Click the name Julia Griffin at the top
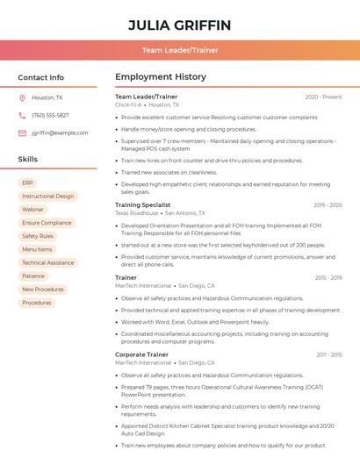tap(179, 25)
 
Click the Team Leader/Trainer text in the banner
tap(179, 51)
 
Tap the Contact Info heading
tap(41, 77)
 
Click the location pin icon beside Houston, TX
tap(22, 97)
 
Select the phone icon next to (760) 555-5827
tap(22, 115)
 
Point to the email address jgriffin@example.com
tap(60, 132)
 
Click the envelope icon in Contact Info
tap(22, 132)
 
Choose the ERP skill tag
tap(27, 182)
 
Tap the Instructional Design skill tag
tap(47, 196)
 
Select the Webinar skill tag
tap(32, 210)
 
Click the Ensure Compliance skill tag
tap(47, 223)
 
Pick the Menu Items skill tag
tap(37, 249)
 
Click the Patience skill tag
tap(33, 276)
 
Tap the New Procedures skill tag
tap(42, 290)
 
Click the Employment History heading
tap(161, 77)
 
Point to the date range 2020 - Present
tap(323, 97)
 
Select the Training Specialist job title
tap(142, 204)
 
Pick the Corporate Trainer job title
tap(141, 354)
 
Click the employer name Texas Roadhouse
tap(136, 213)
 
